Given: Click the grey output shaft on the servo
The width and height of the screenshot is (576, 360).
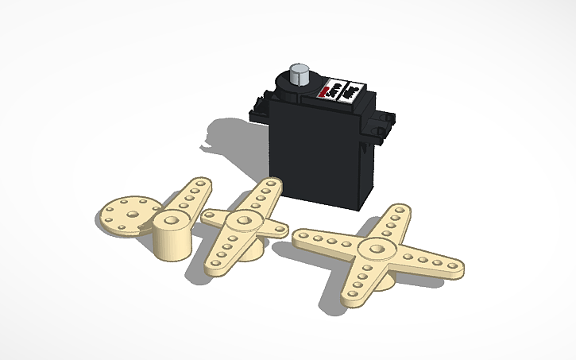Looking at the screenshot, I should tap(300, 76).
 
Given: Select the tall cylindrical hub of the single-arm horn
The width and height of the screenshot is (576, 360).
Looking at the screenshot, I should tap(172, 236).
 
